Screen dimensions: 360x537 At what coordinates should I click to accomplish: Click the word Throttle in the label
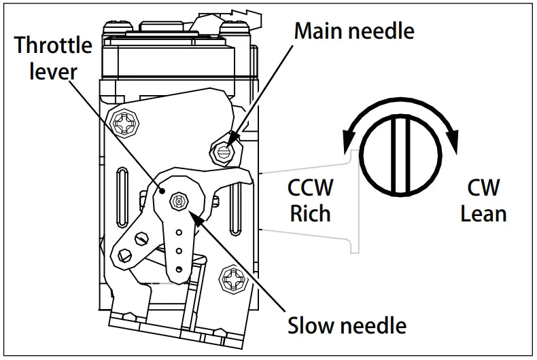[x=53, y=46]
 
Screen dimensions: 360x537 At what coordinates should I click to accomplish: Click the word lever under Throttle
[x=53, y=71]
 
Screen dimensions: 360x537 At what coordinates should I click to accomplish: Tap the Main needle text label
[x=353, y=31]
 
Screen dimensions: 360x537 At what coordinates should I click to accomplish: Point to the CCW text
[x=310, y=188]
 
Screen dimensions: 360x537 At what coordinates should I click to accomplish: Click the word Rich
[x=310, y=213]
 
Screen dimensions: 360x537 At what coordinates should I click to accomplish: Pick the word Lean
[x=483, y=213]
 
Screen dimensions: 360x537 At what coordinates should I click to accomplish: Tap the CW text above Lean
[x=483, y=188]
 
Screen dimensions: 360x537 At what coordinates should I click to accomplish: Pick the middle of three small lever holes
[x=179, y=251]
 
